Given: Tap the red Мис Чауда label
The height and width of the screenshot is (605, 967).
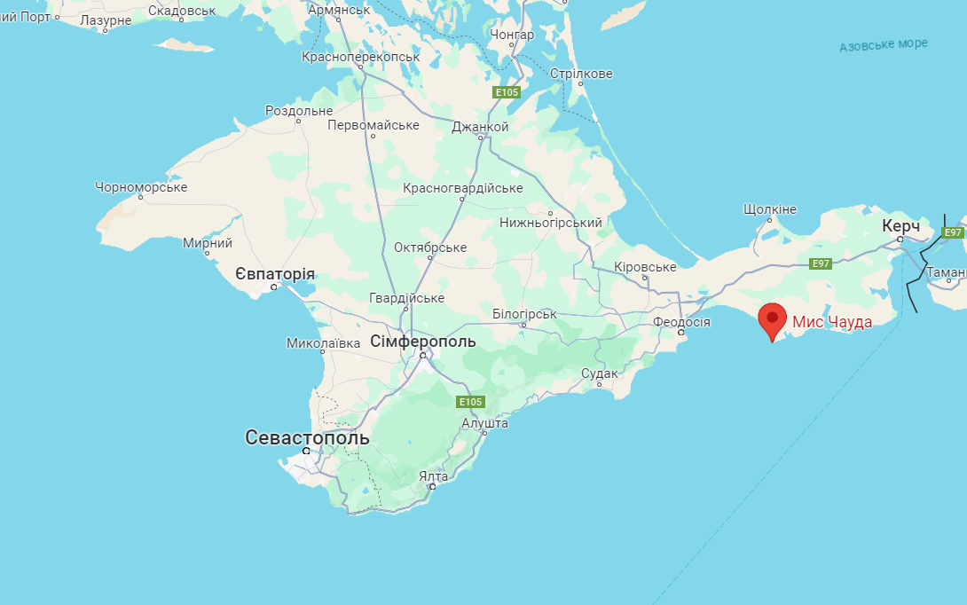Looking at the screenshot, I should pyautogui.click(x=831, y=322).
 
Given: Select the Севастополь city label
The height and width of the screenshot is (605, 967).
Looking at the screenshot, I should pyautogui.click(x=307, y=437).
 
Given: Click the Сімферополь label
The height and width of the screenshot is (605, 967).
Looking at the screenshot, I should pyautogui.click(x=423, y=342).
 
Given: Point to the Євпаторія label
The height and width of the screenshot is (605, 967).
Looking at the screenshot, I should pyautogui.click(x=275, y=274).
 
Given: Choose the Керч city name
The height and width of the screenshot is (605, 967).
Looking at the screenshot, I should pyautogui.click(x=900, y=226).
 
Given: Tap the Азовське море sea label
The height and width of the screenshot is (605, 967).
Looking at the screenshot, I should pyautogui.click(x=884, y=44).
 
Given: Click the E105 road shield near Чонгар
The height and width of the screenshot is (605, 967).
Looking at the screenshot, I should pyautogui.click(x=507, y=92).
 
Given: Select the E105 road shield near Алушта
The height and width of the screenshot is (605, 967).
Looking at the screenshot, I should pyautogui.click(x=470, y=402).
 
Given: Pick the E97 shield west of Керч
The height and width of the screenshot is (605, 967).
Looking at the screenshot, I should pyautogui.click(x=821, y=263).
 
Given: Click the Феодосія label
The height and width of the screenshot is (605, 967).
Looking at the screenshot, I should pyautogui.click(x=681, y=321).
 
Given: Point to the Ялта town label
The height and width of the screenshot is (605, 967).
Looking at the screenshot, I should pyautogui.click(x=433, y=476).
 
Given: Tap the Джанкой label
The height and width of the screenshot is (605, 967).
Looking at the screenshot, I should pyautogui.click(x=480, y=127).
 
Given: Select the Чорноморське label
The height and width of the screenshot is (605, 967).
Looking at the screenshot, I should pyautogui.click(x=141, y=187).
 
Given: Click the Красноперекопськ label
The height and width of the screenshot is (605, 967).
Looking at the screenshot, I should pyautogui.click(x=360, y=57).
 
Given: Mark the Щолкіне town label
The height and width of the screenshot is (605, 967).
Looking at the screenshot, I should pyautogui.click(x=770, y=209).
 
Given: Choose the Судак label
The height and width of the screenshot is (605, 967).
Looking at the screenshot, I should pyautogui.click(x=600, y=373).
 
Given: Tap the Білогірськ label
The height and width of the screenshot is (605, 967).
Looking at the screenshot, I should pyautogui.click(x=524, y=314).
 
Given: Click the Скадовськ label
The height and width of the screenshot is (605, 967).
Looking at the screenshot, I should pyautogui.click(x=182, y=11).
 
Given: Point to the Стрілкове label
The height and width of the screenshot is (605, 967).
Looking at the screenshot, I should pyautogui.click(x=581, y=74).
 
